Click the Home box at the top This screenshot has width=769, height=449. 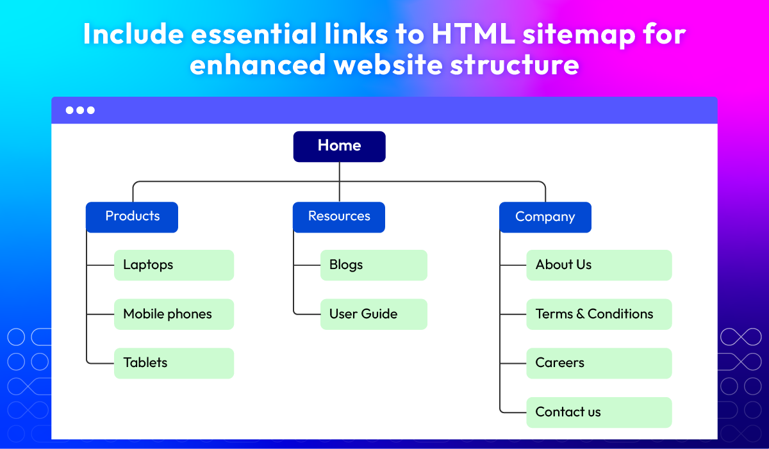click(339, 147)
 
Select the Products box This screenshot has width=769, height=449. click(132, 217)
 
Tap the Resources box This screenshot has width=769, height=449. click(339, 217)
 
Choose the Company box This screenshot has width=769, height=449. click(545, 217)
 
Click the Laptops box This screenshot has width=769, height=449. click(174, 265)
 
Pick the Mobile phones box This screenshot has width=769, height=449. click(174, 314)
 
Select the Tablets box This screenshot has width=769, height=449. click(174, 363)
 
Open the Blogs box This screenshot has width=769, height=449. click(374, 265)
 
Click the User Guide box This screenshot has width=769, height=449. click(374, 314)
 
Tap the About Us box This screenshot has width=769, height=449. click(599, 265)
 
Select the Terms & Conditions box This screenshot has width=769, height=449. click(599, 314)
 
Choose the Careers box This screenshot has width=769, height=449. click(599, 363)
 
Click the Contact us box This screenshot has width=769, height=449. click(599, 412)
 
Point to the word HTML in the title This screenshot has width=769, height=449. click(474, 34)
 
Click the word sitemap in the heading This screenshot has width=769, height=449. click(579, 36)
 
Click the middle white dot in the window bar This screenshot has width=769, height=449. click(80, 110)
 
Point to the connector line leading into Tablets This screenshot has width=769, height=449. click(100, 363)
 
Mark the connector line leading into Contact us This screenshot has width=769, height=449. click(513, 412)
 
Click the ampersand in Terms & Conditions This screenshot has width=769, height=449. click(580, 314)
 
